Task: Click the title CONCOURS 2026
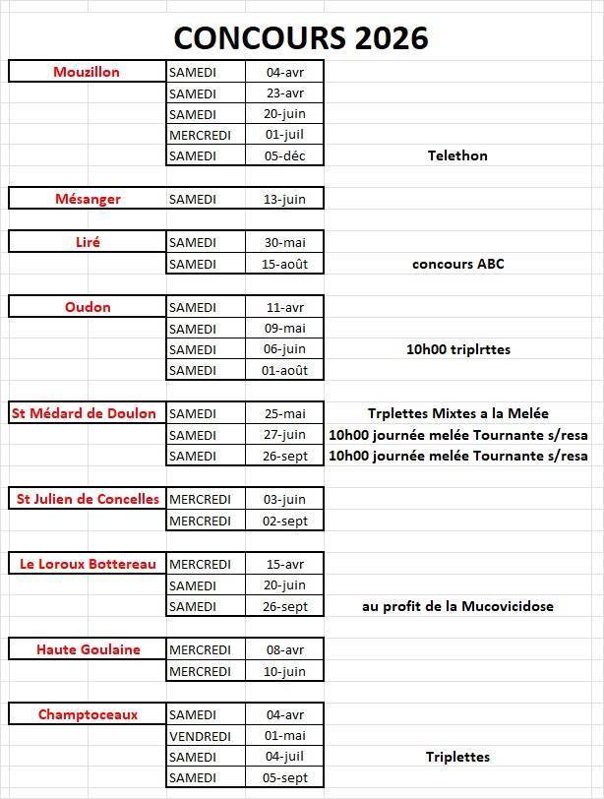301,37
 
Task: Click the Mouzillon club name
87,72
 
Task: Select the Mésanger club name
88,199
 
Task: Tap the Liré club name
88,242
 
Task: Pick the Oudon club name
88,307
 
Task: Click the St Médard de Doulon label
85,413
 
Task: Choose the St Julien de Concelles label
88,499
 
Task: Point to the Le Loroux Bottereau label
88,564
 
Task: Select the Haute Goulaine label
88,649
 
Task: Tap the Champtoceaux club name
88,714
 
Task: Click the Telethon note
457,155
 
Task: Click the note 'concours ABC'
457,264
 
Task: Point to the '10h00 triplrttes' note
458,349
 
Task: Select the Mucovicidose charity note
457,606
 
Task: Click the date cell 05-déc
285,155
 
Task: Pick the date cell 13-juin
285,199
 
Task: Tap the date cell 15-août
285,264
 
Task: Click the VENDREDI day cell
200,736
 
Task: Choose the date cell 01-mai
285,736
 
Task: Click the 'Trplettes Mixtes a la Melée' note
457,413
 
